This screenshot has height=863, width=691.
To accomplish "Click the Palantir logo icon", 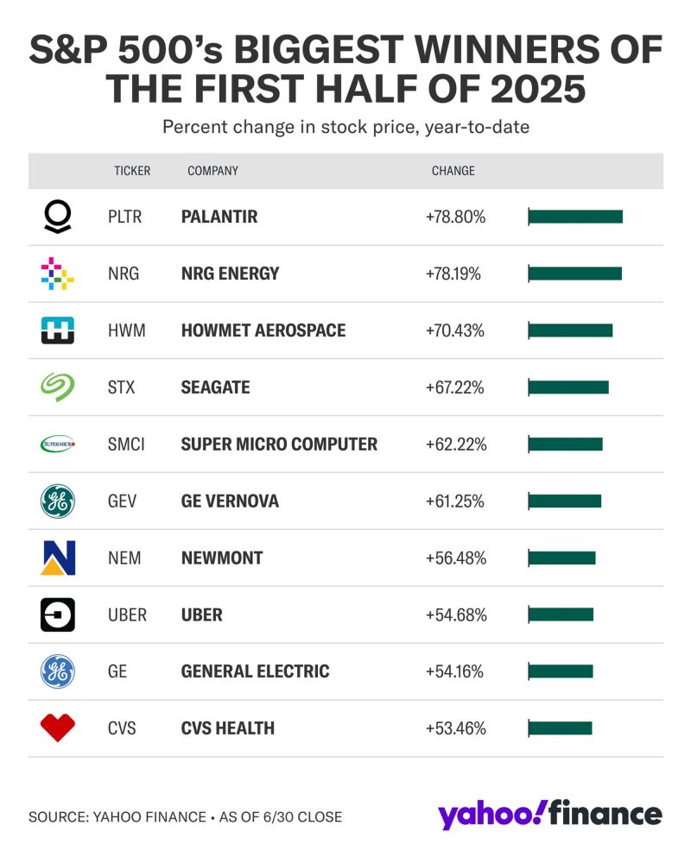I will coord(58,217).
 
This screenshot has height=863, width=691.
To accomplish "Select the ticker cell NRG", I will coord(124,274).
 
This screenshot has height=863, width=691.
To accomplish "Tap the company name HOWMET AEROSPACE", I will coord(263,331).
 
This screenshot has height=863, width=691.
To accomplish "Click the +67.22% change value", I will coord(454,387).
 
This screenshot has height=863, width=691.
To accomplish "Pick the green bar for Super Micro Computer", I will coord(565,444).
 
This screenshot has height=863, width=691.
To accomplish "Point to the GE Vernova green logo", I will coord(58,501).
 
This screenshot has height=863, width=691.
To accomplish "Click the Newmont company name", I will coord(221,558).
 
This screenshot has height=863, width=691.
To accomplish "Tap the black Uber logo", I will coord(58,615).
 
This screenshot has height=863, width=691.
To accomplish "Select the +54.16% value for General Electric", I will coord(454,671).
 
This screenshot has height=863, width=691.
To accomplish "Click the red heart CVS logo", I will coord(58,728).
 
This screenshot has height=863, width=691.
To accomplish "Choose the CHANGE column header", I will coord(453,171).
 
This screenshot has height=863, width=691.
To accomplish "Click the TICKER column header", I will coord(132,171).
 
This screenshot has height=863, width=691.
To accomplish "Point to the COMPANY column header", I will coord(212,171).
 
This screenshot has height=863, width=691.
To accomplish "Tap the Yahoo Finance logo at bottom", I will coord(549,815).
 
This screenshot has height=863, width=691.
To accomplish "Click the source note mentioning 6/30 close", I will coord(185,816).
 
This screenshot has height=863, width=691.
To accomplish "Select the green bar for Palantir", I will coord(574,217).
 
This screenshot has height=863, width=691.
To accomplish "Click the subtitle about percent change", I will coord(345,127).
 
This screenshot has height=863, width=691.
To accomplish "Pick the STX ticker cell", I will coord(123,387).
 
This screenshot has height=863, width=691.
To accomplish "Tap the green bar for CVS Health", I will coord(560,728).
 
